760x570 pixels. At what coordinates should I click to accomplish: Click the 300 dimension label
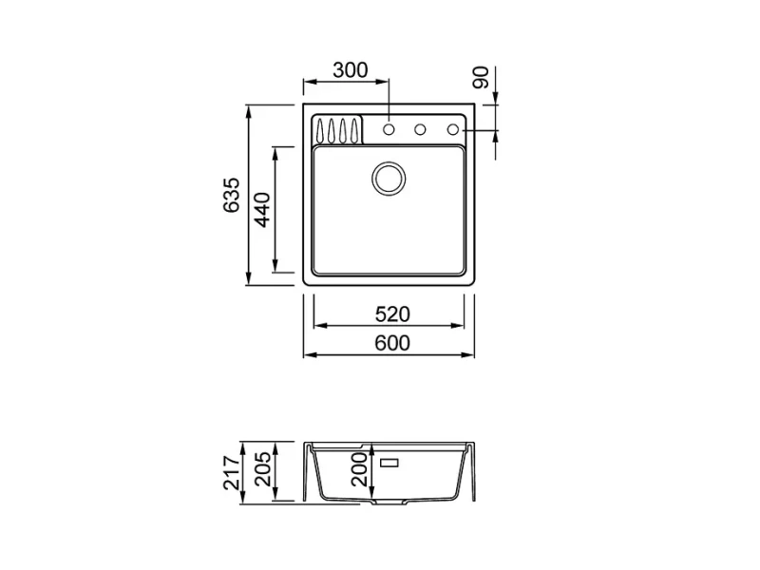tap(350, 70)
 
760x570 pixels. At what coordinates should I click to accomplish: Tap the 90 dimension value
tap(481, 78)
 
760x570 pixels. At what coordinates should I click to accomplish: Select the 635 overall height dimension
tap(232, 195)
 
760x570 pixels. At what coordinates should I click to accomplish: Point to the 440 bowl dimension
tap(263, 210)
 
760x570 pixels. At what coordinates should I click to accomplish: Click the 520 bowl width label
tap(392, 314)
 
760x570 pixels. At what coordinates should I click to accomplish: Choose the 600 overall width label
tap(392, 343)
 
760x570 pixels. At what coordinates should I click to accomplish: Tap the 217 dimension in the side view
tap(232, 472)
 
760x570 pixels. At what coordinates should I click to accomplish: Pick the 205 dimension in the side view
tap(263, 469)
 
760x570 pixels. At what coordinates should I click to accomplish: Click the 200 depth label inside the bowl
tap(360, 469)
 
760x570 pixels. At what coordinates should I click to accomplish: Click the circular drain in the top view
tap(389, 179)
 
